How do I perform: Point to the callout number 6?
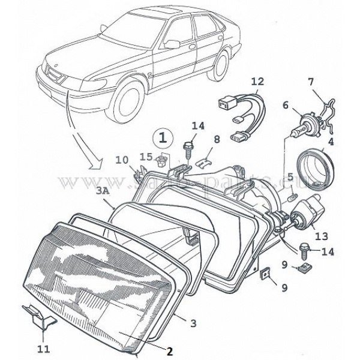286,105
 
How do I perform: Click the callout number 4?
331,142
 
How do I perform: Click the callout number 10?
121,160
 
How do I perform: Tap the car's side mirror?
172,44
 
